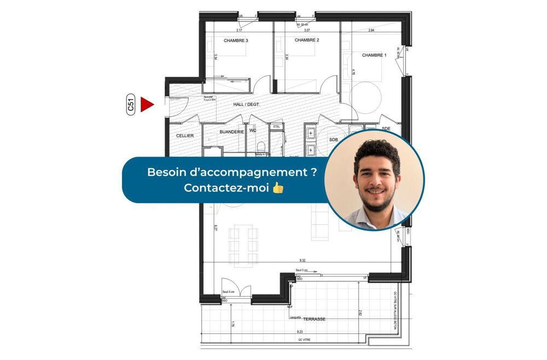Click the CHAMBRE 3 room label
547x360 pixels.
coord(236,40)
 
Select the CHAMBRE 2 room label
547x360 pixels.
coord(306,40)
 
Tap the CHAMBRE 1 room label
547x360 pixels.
coord(374,55)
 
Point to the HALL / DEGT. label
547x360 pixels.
coord(247,104)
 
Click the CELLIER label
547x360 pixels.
coord(185,135)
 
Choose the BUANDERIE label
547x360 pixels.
coord(231,132)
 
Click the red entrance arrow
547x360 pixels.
coord(147,104)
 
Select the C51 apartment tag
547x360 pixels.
coord(131,104)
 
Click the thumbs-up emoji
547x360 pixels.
coord(278,188)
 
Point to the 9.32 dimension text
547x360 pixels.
coord(302,261)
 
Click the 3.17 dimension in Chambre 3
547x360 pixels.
coord(239,31)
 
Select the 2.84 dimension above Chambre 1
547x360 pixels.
coord(371,31)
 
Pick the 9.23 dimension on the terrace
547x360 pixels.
coord(300,332)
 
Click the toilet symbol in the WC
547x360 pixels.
coord(261,147)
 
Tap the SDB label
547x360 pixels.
coord(334,140)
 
